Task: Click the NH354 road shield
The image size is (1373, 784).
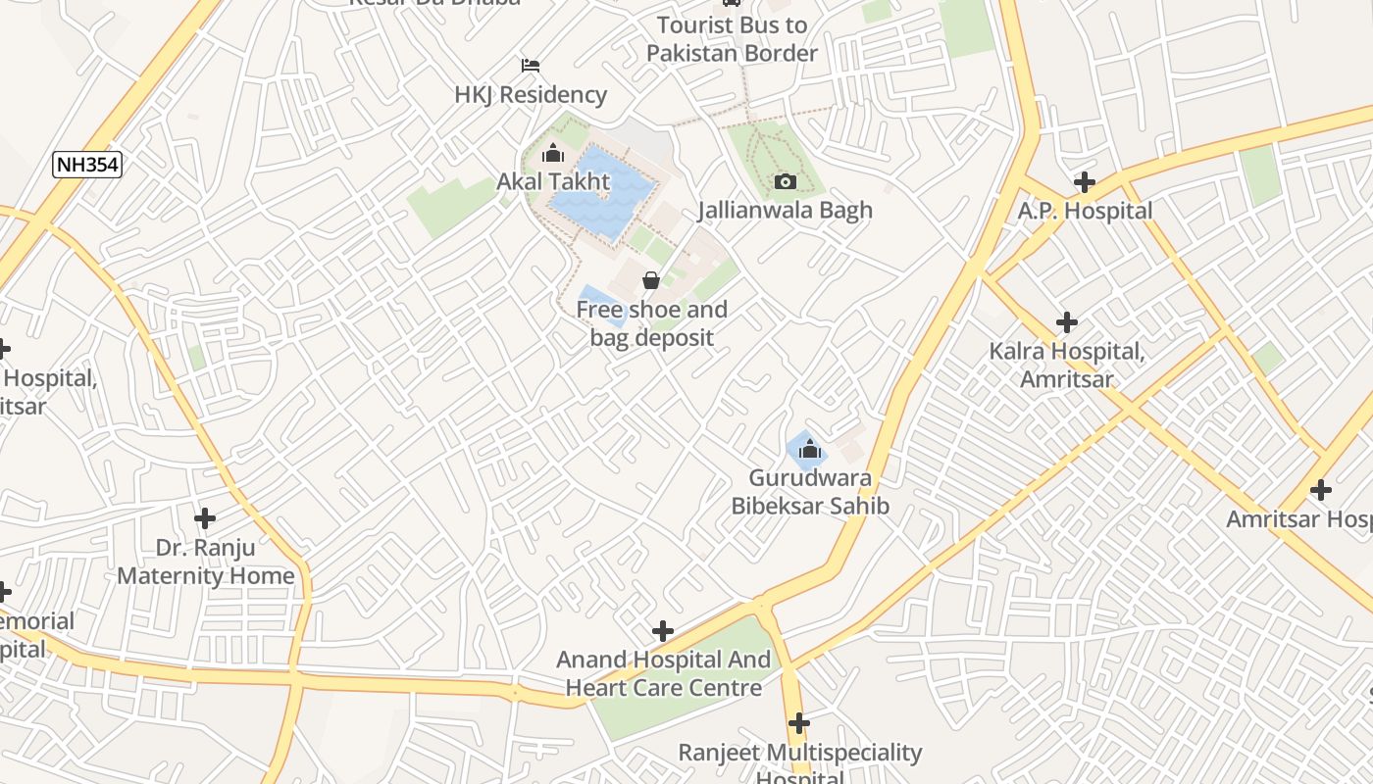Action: [87, 165]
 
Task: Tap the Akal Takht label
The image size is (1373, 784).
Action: [553, 181]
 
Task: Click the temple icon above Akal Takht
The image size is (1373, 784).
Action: [553, 153]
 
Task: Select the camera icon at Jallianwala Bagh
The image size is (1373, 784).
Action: [785, 181]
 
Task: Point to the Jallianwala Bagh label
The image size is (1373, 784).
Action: [785, 210]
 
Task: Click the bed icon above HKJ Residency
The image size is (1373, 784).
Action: [531, 66]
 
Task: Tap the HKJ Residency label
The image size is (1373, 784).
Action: [531, 95]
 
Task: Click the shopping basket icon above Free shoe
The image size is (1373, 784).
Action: [651, 281]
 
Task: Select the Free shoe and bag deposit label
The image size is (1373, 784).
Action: [651, 323]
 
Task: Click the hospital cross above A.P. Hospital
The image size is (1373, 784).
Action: [1084, 181]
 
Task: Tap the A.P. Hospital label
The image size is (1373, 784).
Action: [1085, 211]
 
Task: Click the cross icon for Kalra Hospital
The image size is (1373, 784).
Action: [1066, 321]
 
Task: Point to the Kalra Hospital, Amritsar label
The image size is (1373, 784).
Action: [1067, 365]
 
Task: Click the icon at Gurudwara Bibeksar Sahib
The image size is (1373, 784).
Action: [809, 450]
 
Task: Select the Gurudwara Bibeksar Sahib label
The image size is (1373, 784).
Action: [810, 492]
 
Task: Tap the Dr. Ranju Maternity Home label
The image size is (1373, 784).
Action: [206, 561]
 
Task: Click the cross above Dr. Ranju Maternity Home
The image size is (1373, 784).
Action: [205, 517]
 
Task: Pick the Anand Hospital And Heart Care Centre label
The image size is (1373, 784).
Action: [664, 673]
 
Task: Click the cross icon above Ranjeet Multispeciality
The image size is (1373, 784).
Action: [799, 723]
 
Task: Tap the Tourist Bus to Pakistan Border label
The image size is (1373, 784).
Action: [732, 39]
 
